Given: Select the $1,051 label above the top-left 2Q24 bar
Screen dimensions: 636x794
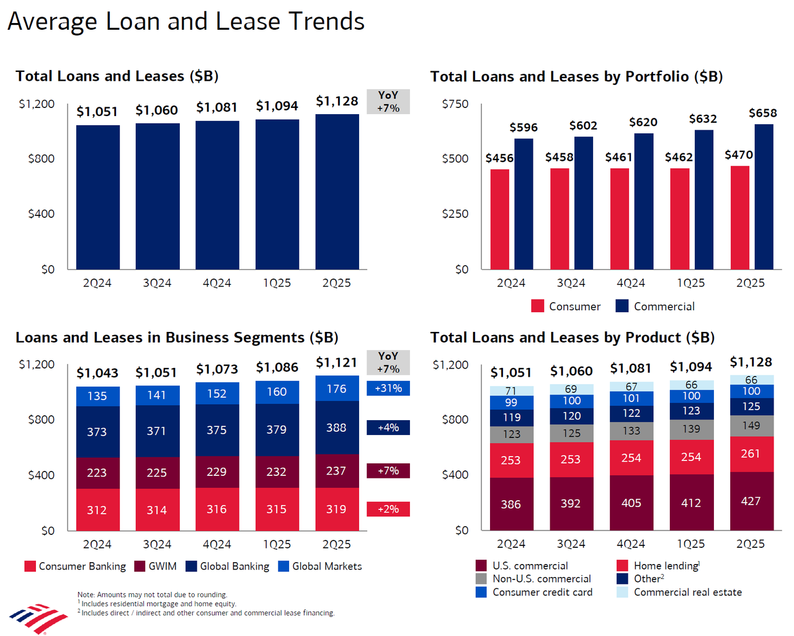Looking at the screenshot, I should click(97, 112).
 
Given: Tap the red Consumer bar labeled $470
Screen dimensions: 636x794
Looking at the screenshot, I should click(739, 217).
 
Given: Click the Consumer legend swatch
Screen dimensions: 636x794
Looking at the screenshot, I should click(538, 306).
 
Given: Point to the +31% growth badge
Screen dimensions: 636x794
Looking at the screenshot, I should click(388, 388).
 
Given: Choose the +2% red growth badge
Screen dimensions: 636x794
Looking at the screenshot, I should click(388, 509).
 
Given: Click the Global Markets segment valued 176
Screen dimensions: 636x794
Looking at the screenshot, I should click(337, 388).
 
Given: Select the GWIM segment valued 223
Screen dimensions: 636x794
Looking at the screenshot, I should click(97, 473).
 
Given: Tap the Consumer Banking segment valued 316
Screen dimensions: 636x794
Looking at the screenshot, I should click(216, 509).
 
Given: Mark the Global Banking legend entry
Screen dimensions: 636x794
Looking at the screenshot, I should click(228, 567).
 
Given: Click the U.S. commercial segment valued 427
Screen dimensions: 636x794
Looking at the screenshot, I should click(751, 501).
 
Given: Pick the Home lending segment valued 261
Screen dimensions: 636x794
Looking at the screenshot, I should click(751, 454).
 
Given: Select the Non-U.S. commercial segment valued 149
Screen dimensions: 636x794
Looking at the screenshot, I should click(751, 426).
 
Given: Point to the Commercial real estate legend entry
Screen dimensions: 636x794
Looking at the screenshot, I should click(680, 593).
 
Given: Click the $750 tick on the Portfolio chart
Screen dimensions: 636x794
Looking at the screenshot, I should click(455, 104).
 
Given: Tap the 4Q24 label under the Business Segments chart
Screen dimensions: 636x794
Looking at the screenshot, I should click(216, 544).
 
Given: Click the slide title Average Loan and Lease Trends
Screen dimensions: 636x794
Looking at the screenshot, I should click(186, 22).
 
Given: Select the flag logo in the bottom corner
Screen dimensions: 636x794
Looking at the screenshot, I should click(38, 618).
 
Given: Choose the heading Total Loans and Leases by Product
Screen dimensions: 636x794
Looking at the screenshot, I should click(572, 338).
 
